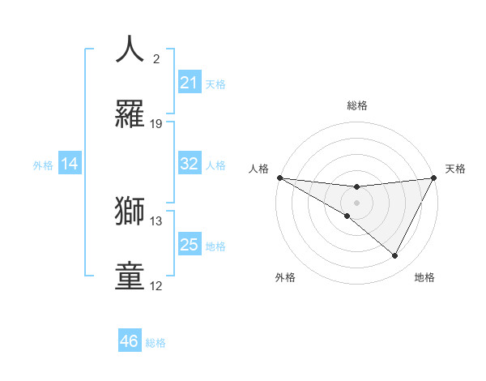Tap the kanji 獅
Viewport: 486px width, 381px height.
tap(130, 211)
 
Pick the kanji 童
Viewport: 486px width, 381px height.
tap(130, 276)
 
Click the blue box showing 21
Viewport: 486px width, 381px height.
tap(190, 83)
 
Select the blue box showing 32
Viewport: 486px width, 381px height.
tap(190, 164)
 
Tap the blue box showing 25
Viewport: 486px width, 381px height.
tap(190, 245)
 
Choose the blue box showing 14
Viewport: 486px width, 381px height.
tap(70, 164)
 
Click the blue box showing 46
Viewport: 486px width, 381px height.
tap(130, 341)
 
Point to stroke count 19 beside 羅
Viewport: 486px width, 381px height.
tap(156, 124)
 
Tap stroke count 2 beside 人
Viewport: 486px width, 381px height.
tap(156, 59)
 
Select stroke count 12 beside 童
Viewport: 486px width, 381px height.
tap(156, 286)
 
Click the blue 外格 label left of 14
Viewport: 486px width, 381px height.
tap(43, 165)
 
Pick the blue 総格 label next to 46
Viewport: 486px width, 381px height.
tap(156, 342)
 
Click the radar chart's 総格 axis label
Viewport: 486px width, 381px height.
tap(356, 105)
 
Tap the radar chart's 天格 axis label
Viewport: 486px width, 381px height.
tap(455, 169)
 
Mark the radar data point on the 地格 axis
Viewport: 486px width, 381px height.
tap(395, 256)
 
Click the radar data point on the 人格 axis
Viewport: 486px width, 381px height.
tap(279, 178)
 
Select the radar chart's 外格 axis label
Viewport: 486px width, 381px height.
tap(285, 277)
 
